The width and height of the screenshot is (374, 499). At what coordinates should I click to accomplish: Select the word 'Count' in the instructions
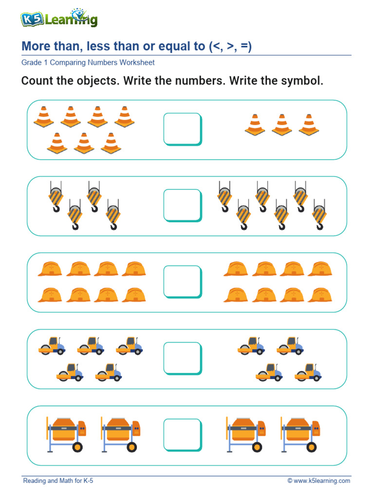(x=37, y=81)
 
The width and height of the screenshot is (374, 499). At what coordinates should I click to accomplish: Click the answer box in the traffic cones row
(x=183, y=129)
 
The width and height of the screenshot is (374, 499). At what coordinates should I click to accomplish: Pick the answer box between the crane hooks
(x=183, y=205)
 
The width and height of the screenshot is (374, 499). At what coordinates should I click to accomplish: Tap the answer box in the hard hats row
(x=183, y=282)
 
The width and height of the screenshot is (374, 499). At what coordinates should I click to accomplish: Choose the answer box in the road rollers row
(x=183, y=358)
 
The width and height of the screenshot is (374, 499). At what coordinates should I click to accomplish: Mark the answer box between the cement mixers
(x=183, y=435)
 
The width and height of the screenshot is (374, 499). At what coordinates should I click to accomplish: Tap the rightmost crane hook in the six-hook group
(x=319, y=214)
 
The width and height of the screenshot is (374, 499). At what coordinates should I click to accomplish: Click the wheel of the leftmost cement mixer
(x=77, y=446)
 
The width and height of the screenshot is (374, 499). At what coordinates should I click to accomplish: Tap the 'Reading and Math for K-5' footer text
(x=58, y=481)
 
